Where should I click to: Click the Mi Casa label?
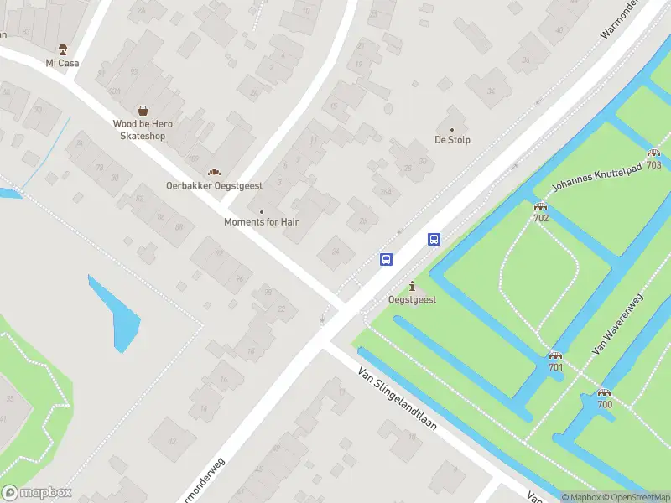(62, 63)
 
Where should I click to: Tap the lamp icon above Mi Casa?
(62, 49)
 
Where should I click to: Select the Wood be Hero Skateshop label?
(143, 130)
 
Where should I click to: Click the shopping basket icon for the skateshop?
(143, 110)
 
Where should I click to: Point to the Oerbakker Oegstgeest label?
(214, 186)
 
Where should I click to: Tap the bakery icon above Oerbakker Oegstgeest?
(214, 172)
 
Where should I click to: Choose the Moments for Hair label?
(261, 222)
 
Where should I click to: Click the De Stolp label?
(452, 140)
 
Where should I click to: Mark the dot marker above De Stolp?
(452, 129)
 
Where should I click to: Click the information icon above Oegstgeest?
(412, 287)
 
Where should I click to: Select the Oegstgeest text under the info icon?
(412, 299)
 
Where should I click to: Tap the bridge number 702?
(541, 218)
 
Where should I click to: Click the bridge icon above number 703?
(653, 153)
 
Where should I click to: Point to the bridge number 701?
(555, 366)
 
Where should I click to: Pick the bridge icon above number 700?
(604, 392)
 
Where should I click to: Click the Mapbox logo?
(37, 493)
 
